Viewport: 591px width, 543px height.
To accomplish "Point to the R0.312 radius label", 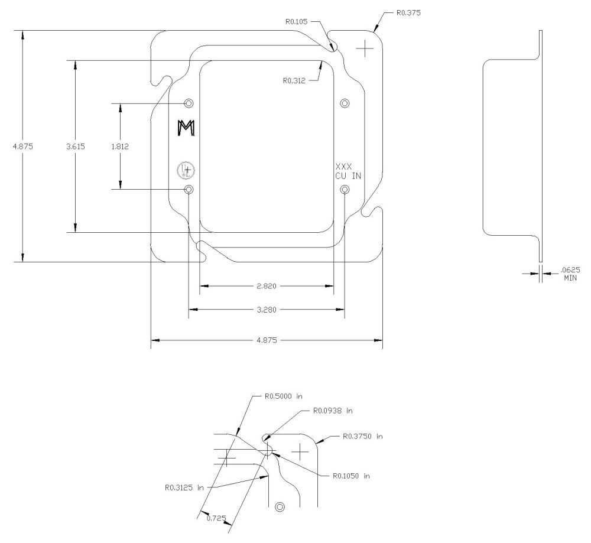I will (x=295, y=80).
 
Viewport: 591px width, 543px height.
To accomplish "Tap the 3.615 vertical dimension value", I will (x=76, y=146).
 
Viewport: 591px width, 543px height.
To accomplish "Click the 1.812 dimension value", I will (x=120, y=146).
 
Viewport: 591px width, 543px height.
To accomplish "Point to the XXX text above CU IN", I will (x=343, y=167).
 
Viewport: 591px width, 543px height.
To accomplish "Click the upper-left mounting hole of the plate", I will (x=189, y=103).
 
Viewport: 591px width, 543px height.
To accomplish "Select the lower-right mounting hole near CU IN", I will (x=345, y=189).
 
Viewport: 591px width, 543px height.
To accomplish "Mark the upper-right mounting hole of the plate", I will (x=345, y=103).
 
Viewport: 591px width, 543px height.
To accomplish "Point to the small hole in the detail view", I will (x=280, y=506).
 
